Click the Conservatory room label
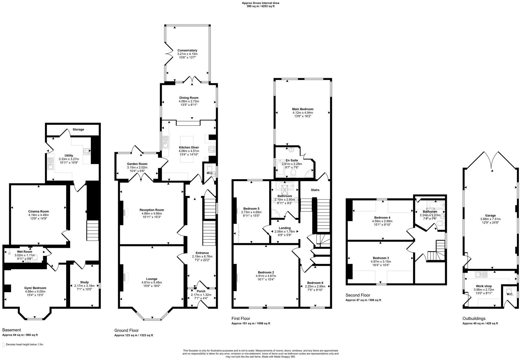(x=187, y=50)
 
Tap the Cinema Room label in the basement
(x=38, y=211)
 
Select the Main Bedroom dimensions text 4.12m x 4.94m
(x=303, y=113)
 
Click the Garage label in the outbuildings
(x=490, y=216)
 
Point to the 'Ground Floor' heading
(x=126, y=330)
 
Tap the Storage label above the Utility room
(x=78, y=129)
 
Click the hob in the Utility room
(x=87, y=151)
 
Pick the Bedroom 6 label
(x=315, y=283)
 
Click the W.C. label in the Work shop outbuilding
(x=510, y=294)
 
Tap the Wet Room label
(x=25, y=252)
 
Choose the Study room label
(x=84, y=282)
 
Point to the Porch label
(x=201, y=291)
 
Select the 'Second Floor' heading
(x=358, y=295)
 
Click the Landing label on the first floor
(x=284, y=228)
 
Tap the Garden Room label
(x=137, y=164)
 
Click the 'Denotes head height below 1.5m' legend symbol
(x=3, y=345)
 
